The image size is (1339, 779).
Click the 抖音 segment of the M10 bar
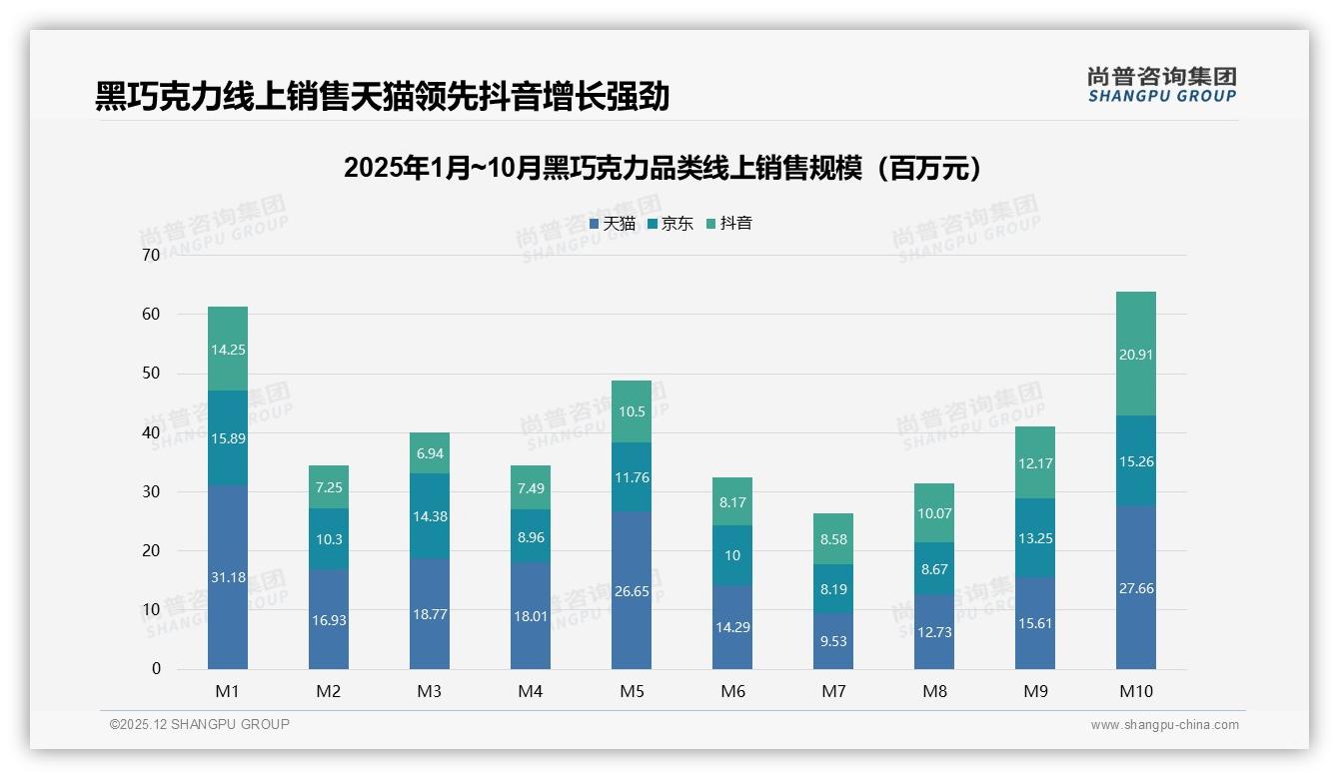[x=1136, y=354]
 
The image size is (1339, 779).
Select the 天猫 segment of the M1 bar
[x=228, y=576]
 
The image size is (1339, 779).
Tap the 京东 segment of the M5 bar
[x=632, y=477]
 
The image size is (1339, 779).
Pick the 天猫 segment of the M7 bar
[x=833, y=641]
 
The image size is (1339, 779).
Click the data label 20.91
[x=1136, y=355]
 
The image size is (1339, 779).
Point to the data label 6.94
[x=430, y=453]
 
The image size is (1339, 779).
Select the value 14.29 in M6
[x=732, y=627]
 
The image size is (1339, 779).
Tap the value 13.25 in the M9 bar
[x=1035, y=538]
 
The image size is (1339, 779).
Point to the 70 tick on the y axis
[x=151, y=255]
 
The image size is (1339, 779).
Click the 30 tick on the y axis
[x=151, y=491]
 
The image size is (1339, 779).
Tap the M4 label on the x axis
[x=531, y=691]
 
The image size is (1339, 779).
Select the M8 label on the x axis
[x=934, y=691]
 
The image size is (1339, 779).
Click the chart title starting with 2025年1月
[x=663, y=168]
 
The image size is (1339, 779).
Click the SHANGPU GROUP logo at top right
[x=1161, y=85]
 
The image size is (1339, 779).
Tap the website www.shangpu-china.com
[x=1164, y=725]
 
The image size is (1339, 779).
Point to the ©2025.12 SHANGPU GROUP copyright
[x=200, y=725]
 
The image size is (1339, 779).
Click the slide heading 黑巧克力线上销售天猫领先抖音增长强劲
[x=382, y=97]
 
